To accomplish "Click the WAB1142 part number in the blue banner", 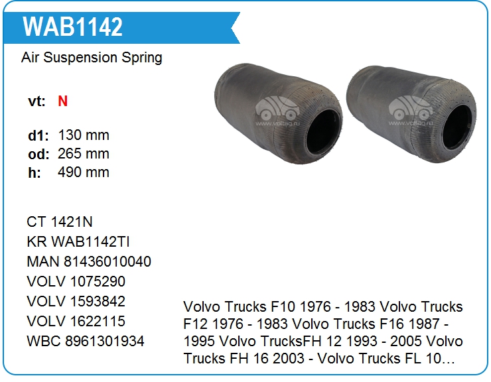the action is pos(72,27).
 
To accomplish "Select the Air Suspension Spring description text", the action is pos(92,58).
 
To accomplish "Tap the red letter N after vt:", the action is pos(62,101).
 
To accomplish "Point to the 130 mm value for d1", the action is pos(84,135).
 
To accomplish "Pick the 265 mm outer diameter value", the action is pos(84,154).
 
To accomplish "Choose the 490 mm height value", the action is pos(84,172).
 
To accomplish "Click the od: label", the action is pos(38,154).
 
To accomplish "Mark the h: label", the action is pos(35,172).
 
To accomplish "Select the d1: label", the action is pos(38,135).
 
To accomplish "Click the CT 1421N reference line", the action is pos(60,222).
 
